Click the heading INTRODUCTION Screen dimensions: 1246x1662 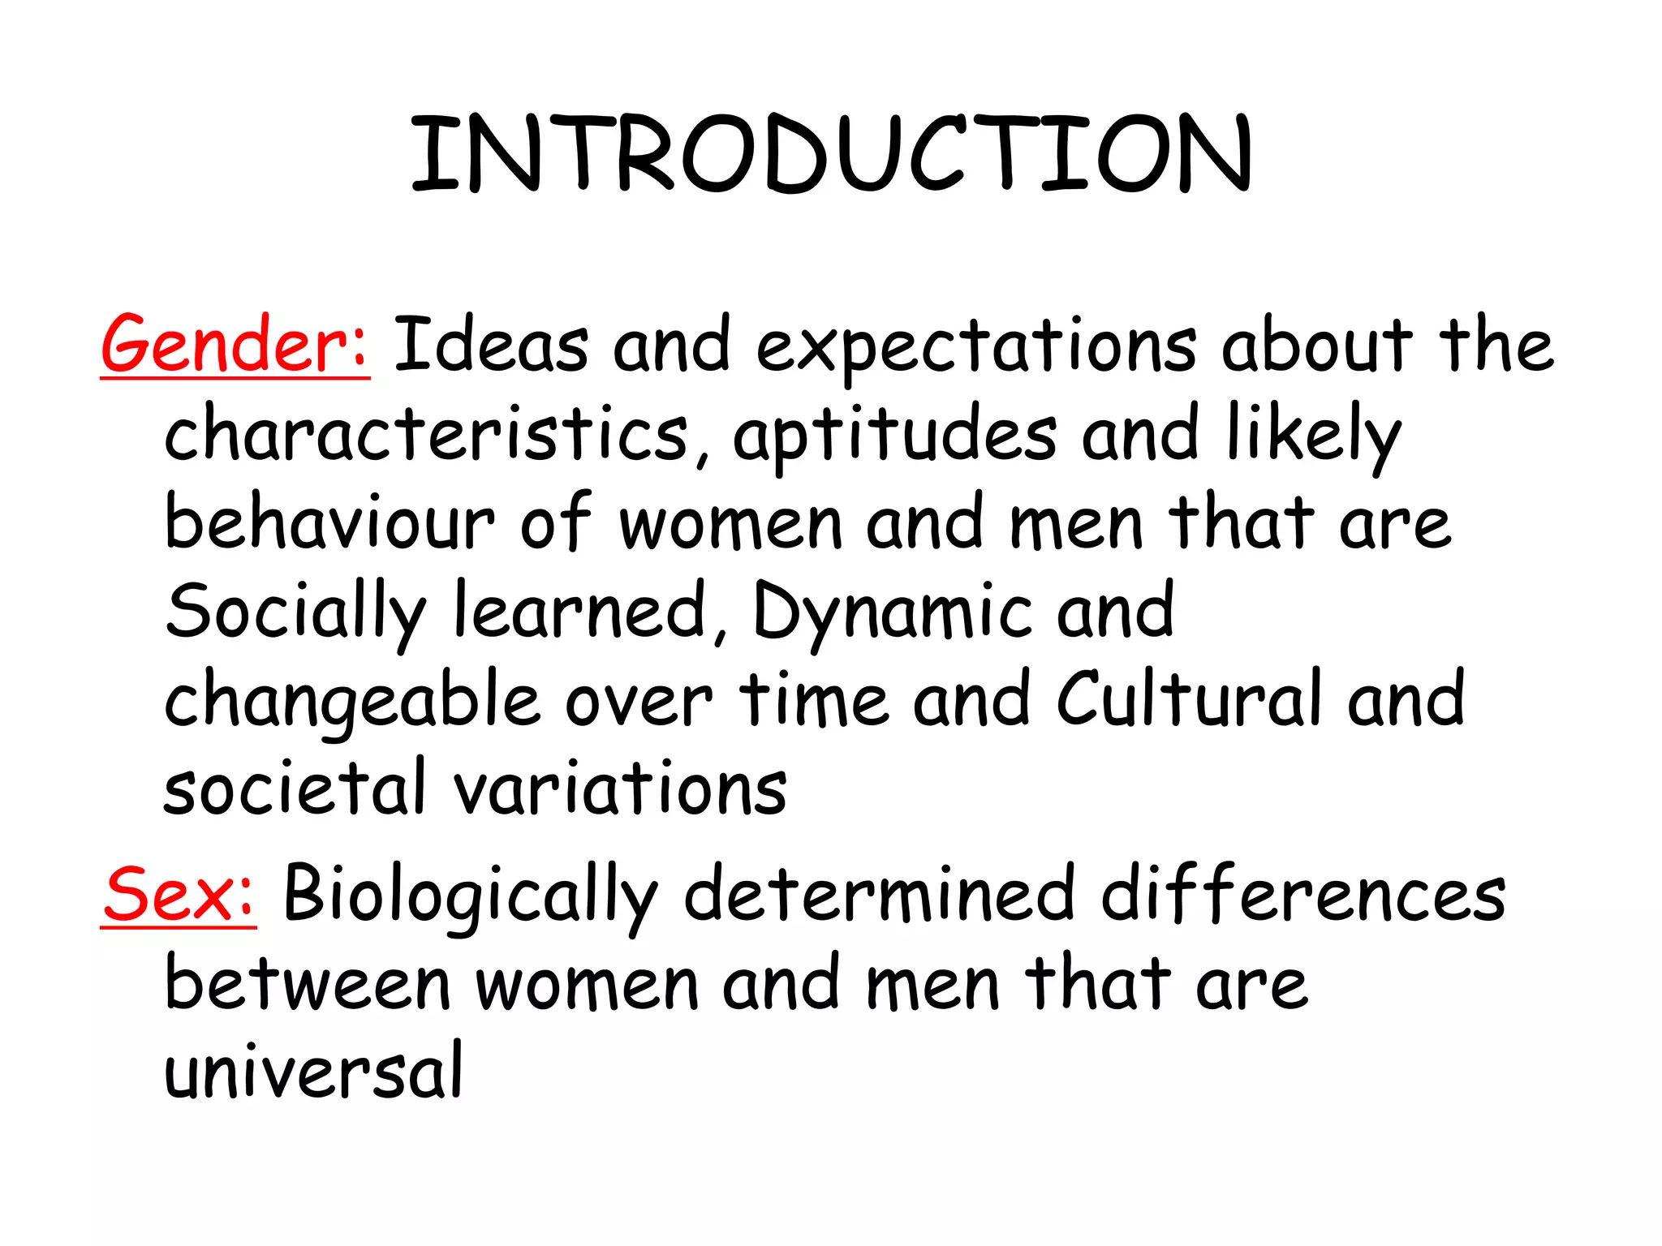click(x=831, y=154)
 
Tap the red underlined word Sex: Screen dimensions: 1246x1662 click(x=179, y=896)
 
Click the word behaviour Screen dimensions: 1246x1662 click(x=329, y=523)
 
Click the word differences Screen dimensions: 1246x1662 click(x=1303, y=896)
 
